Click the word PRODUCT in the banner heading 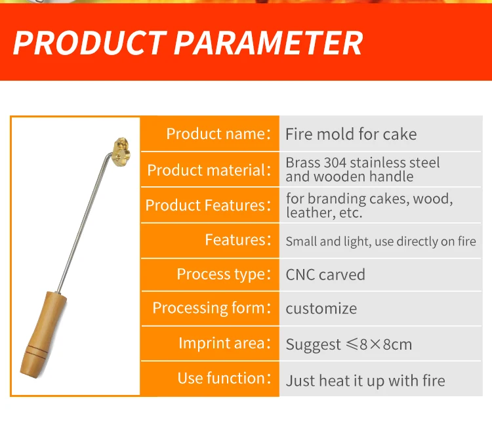90,43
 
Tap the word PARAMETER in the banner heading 268,43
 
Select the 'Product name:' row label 218,134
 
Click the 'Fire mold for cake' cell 351,134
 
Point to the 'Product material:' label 209,170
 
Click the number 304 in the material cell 335,163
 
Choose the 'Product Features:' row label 208,205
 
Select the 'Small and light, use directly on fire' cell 381,241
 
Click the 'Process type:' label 224,274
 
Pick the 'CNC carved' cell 325,274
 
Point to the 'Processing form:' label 211,308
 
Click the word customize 321,309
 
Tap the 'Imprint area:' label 224,343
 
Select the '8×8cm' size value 386,344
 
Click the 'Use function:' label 224,378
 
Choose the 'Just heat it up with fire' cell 365,381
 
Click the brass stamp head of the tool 122,152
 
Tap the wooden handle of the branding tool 43,335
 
